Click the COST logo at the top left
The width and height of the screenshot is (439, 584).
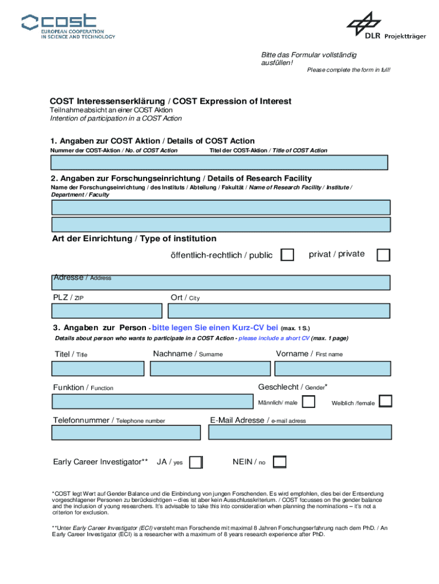point(68,26)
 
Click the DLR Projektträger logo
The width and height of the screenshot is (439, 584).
point(386,27)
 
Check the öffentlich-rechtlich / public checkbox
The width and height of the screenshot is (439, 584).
point(288,255)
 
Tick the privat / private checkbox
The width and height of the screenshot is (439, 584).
point(384,255)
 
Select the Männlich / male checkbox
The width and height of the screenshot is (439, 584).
point(308,402)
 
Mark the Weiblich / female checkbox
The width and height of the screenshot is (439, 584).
point(385,401)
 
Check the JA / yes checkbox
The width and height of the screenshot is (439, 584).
point(196,462)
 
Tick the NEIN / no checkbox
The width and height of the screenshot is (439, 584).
point(279,462)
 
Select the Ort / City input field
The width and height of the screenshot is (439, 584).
point(279,311)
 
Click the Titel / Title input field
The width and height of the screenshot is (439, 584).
point(98,368)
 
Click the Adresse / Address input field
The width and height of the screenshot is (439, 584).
point(221,283)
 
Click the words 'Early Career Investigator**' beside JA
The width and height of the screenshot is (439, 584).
point(100,462)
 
